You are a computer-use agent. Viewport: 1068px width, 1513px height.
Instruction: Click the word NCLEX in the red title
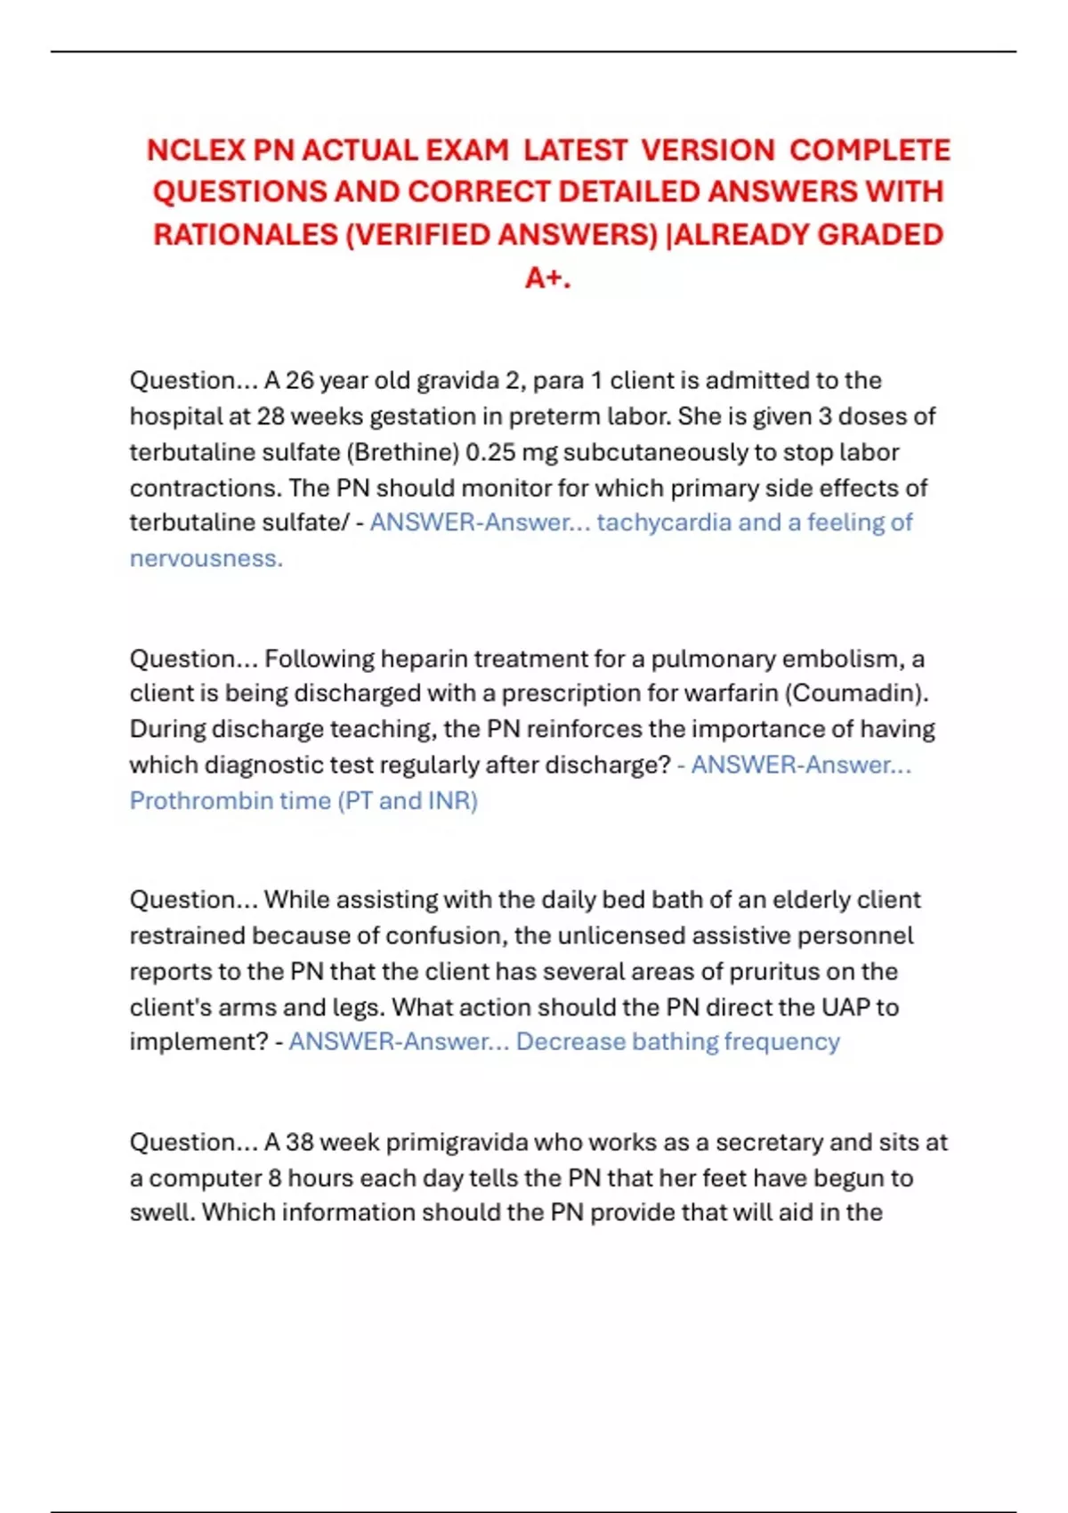point(197,150)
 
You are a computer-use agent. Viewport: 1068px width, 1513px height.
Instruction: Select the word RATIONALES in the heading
point(245,235)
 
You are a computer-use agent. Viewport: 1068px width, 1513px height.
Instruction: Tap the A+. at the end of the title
point(547,278)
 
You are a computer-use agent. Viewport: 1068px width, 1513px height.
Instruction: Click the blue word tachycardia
point(664,522)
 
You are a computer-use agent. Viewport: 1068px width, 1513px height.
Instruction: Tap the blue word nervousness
point(206,559)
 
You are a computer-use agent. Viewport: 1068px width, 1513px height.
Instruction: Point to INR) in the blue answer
point(453,801)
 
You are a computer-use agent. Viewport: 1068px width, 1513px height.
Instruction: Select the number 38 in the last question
point(299,1142)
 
